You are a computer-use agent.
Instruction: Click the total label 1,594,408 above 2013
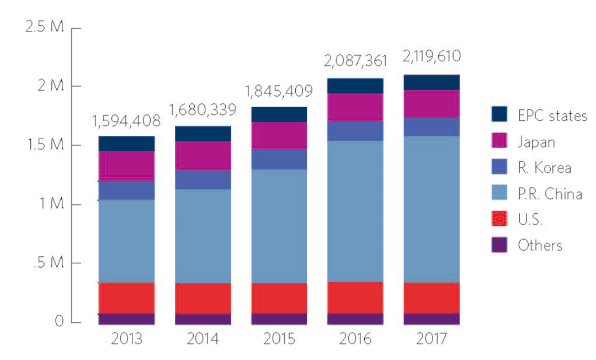click(x=126, y=120)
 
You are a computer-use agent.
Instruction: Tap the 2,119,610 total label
click(x=432, y=57)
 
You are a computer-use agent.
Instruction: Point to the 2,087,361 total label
click(x=355, y=60)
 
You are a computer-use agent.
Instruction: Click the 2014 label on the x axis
click(x=203, y=338)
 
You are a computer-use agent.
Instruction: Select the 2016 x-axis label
click(x=355, y=338)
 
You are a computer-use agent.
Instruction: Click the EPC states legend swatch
click(x=499, y=115)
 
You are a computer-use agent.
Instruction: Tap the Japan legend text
click(x=535, y=142)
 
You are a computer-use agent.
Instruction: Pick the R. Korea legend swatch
click(x=499, y=168)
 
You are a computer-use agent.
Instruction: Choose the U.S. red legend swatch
click(x=499, y=219)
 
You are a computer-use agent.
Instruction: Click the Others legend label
click(x=540, y=245)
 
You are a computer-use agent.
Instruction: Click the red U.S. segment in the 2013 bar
click(x=126, y=298)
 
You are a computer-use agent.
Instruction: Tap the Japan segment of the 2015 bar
click(x=279, y=135)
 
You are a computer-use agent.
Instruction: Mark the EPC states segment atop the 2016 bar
click(x=355, y=86)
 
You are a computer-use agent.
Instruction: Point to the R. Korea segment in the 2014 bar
click(x=203, y=179)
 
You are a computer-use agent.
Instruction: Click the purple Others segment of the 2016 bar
click(x=355, y=319)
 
